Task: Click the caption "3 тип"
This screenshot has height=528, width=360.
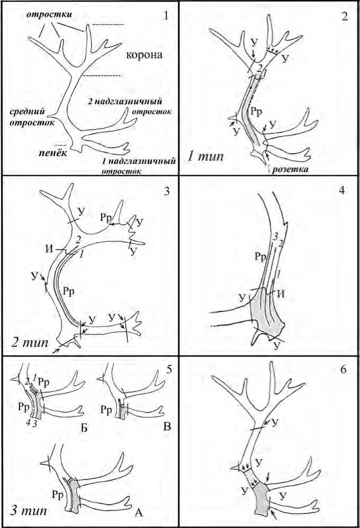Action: coord(30,511)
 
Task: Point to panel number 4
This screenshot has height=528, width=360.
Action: coord(342,190)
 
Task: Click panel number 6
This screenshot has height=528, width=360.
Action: coord(343,369)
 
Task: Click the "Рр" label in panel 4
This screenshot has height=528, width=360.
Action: coord(259,258)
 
